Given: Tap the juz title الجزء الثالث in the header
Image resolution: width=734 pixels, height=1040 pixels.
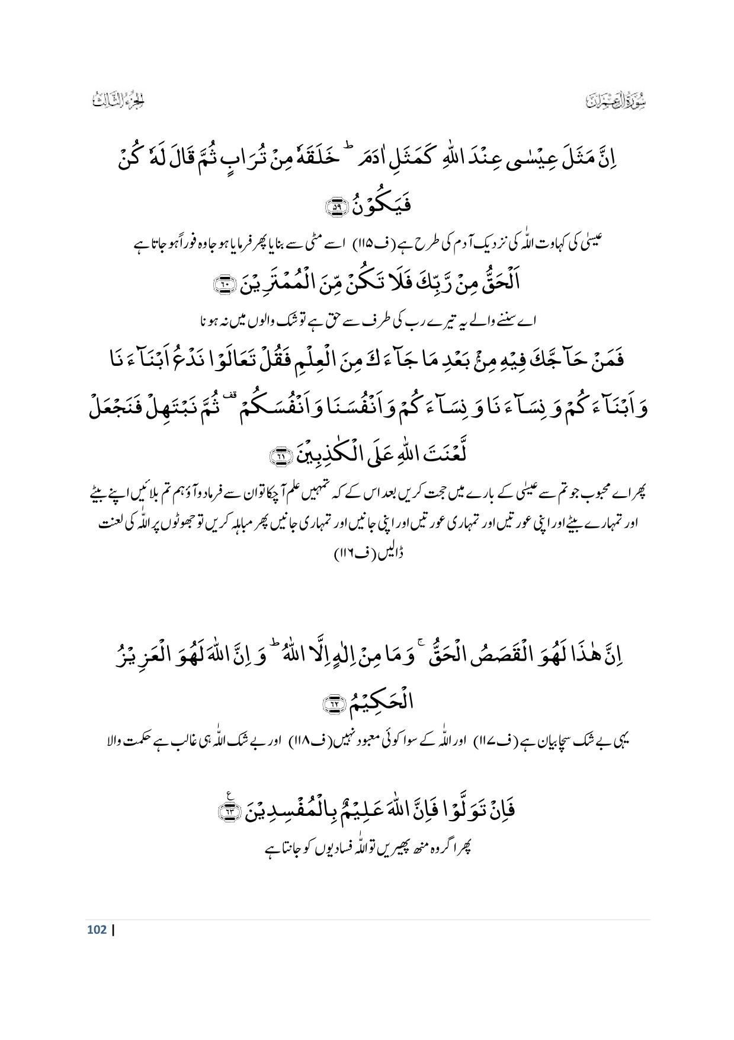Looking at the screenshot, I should (x=119, y=101).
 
